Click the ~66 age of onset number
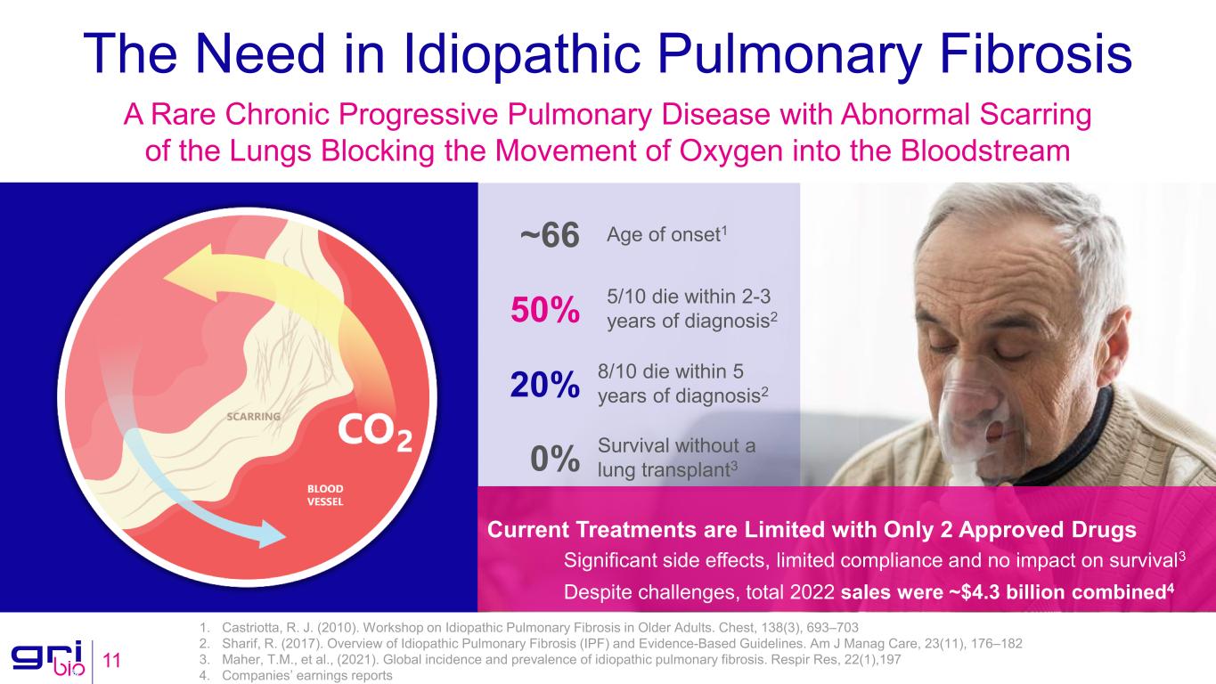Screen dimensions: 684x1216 (549, 237)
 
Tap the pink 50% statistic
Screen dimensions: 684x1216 (544, 311)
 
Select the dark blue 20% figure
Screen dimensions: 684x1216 (544, 386)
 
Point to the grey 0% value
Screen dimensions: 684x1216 (554, 460)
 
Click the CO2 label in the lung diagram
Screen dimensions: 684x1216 (373, 434)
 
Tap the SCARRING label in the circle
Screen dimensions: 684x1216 (255, 416)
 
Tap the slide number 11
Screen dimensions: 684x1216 (112, 661)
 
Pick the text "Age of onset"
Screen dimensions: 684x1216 (664, 235)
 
